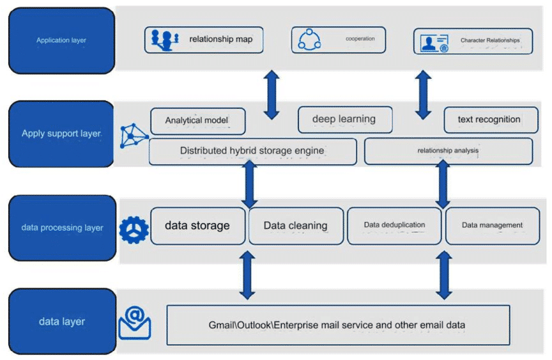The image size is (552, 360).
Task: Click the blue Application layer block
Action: coord(61,40)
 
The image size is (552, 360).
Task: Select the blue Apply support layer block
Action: coord(61,134)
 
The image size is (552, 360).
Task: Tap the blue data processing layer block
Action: coord(63,228)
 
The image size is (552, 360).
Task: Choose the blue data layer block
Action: coord(63,321)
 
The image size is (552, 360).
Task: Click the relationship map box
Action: coord(204,40)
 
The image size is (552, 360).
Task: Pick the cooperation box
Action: coord(339,40)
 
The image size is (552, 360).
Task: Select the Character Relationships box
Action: coord(473,41)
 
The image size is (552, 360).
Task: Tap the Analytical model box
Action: coord(198,121)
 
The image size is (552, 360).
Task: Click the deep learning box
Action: coord(346,120)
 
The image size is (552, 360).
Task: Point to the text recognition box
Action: coord(491,120)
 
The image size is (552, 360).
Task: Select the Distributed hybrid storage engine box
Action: coord(253,152)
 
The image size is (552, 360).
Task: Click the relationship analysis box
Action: coord(448,151)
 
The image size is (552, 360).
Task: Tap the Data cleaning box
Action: coord(296,226)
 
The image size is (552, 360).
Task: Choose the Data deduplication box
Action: coord(394,226)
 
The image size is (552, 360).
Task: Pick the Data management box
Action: coord(493,226)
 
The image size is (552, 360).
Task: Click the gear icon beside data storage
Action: coord(134,230)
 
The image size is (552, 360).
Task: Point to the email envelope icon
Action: coord(135,323)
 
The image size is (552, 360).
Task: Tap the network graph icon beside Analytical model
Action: coord(133,136)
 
